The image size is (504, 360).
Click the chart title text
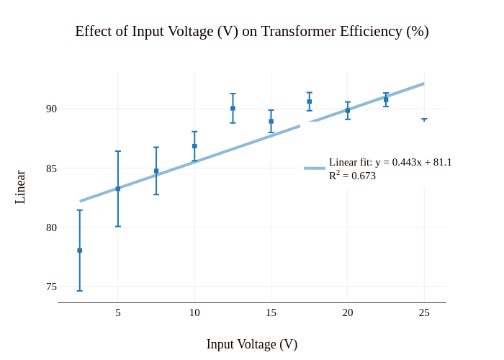(x=252, y=32)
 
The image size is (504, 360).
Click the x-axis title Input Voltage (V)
(x=252, y=344)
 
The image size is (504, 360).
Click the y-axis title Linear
(x=20, y=187)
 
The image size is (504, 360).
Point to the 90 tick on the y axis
(x=51, y=109)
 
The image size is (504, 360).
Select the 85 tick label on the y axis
(x=51, y=168)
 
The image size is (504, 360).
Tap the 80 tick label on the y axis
(x=51, y=228)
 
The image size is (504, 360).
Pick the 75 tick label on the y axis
(x=51, y=287)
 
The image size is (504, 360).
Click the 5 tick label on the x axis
(x=118, y=312)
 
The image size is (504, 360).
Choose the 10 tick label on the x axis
(x=194, y=312)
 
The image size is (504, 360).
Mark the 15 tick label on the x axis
(x=271, y=312)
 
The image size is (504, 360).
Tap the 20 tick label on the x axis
(x=348, y=312)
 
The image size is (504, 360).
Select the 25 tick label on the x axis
(x=424, y=312)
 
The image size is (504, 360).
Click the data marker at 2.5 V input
(x=80, y=251)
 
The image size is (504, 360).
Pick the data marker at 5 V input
(x=118, y=189)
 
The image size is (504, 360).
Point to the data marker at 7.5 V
(x=156, y=171)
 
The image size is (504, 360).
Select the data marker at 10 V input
(x=194, y=146)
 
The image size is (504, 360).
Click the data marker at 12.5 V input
(x=233, y=108)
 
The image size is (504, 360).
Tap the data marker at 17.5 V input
(x=310, y=102)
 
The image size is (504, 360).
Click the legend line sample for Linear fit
(x=315, y=168)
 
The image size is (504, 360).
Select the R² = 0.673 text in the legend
(x=352, y=176)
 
